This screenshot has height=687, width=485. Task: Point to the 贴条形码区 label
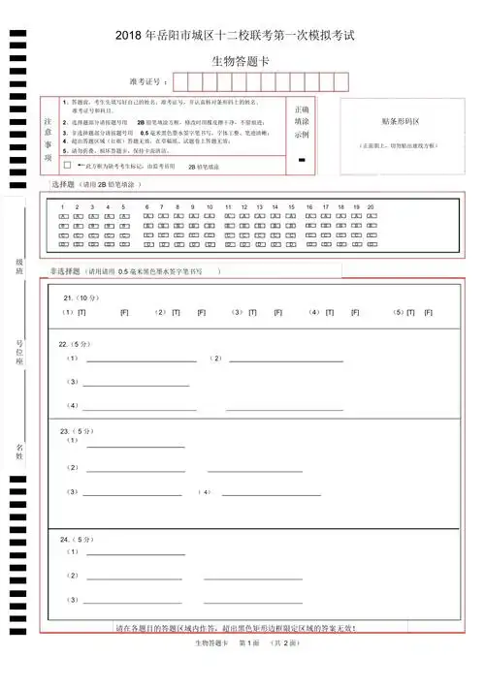coord(400,122)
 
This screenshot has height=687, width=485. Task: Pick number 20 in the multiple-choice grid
coord(372,207)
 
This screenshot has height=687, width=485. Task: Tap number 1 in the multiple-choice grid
coord(63,207)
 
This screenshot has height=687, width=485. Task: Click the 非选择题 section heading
coord(67,272)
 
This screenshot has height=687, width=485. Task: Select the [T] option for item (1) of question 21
coord(81,313)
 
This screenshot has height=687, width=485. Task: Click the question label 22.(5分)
coord(76,344)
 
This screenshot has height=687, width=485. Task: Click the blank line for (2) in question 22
coord(286,359)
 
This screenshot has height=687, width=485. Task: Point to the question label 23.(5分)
coord(77,430)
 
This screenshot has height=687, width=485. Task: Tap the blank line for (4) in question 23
coord(271,493)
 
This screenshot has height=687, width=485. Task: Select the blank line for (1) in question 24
coord(136,553)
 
